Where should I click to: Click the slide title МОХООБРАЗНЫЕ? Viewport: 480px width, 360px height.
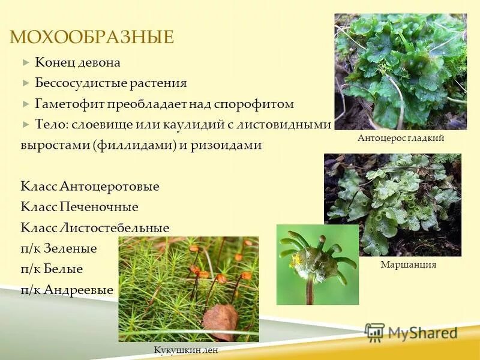click(x=92, y=38)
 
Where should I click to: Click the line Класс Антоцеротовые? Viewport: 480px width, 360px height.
click(x=90, y=187)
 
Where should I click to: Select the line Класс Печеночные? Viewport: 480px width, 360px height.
click(x=79, y=207)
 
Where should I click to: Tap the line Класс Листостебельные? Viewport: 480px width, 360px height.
click(x=95, y=228)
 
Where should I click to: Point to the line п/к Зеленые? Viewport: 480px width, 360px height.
click(x=59, y=248)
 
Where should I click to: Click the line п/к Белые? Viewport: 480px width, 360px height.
click(x=52, y=269)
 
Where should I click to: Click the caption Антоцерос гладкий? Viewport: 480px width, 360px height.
click(x=401, y=139)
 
